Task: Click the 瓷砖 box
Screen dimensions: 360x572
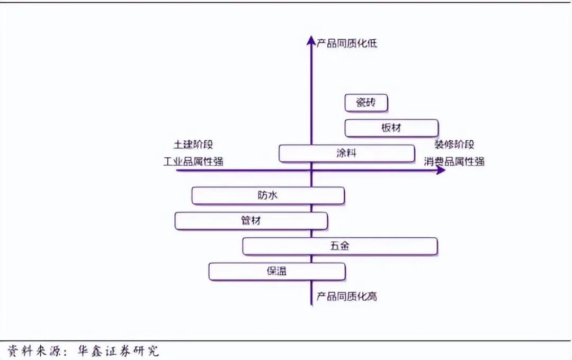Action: coord(366,103)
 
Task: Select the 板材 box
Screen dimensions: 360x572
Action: coord(391,128)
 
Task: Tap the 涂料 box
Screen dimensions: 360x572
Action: coord(346,154)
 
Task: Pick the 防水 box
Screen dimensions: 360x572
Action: coord(267,196)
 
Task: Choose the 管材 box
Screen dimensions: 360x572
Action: coord(251,221)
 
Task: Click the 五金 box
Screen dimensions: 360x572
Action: coord(339,246)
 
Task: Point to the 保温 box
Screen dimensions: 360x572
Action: coord(277,272)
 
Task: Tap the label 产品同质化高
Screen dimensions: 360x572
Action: coord(347,296)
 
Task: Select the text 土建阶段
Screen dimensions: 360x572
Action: coord(193,145)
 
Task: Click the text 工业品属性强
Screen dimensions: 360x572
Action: coord(193,161)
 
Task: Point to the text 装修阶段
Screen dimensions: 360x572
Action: coord(454,145)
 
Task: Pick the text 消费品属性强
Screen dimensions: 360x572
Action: coord(454,161)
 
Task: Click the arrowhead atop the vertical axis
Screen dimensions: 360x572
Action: coord(311,40)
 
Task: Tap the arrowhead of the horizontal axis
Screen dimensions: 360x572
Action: coord(441,170)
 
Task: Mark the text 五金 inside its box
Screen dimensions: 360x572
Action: coord(339,246)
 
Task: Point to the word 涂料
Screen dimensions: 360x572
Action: coord(346,154)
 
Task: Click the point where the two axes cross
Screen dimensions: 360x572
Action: coord(311,170)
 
